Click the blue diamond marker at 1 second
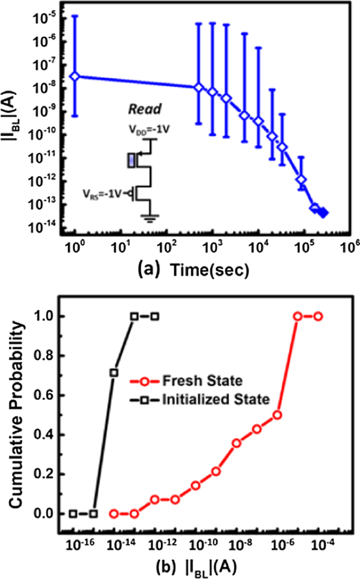coord(75,76)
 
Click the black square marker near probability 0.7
coord(114,373)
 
